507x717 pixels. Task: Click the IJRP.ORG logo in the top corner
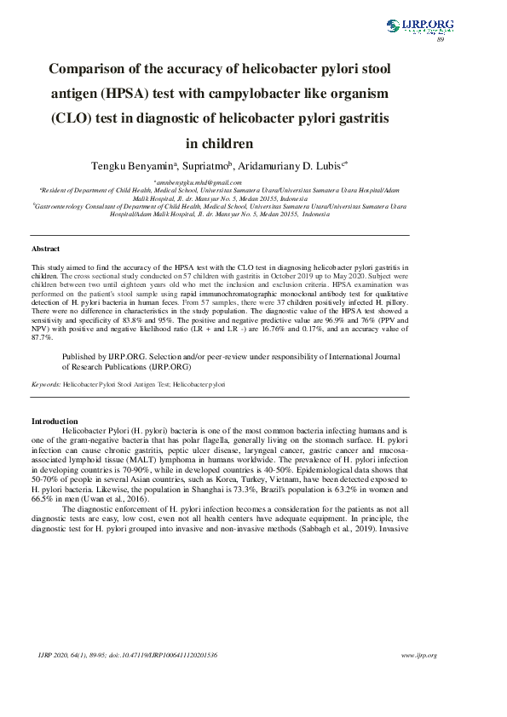(420, 26)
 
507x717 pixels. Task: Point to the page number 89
(440, 39)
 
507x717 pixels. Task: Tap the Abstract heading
(45, 249)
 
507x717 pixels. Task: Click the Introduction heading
(55, 421)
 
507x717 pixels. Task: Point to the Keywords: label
(45, 385)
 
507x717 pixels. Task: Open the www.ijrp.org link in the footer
(418, 655)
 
